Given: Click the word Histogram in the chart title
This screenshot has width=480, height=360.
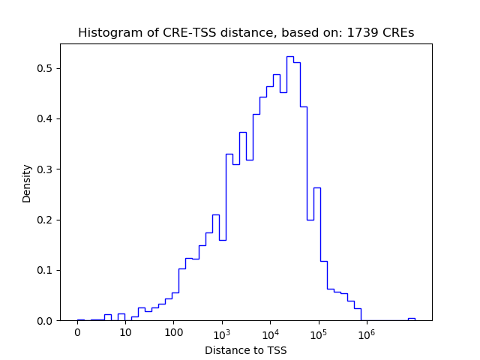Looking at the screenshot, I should click(x=105, y=33).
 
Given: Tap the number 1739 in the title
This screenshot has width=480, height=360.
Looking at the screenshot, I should click(x=361, y=33).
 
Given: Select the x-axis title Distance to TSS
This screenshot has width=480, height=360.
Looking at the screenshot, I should click(x=246, y=350).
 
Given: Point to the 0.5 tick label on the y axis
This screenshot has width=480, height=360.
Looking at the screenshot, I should click(x=45, y=68).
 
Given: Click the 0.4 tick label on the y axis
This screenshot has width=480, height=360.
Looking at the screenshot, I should click(x=45, y=118).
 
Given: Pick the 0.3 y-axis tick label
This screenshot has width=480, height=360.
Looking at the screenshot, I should click(x=45, y=169).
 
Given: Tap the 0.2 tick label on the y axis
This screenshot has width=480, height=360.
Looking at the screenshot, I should click(x=45, y=220).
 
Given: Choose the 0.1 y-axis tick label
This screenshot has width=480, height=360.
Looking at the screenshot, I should click(x=45, y=270).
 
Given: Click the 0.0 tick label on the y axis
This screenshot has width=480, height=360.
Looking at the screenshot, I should click(x=45, y=321).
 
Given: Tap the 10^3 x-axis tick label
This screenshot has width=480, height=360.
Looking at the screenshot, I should click(x=222, y=333).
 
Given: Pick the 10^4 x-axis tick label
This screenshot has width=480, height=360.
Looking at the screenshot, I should click(x=270, y=333).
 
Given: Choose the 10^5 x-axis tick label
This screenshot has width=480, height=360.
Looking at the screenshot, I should click(x=318, y=333).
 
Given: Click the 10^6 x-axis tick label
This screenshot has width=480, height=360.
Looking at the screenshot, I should click(x=366, y=333).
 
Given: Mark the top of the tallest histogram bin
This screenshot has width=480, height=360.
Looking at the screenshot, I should click(x=289, y=57).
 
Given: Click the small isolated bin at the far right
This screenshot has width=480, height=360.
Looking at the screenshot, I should click(x=411, y=319).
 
